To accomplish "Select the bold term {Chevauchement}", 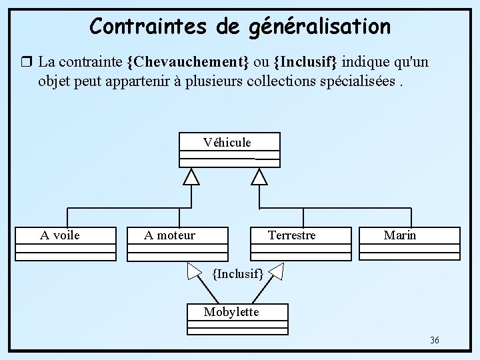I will [188, 63].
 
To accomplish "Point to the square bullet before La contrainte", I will [27, 63].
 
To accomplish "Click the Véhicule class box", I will [229, 149].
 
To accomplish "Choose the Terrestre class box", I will [300, 243].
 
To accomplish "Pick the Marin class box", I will [409, 243].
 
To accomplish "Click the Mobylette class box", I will [237, 319].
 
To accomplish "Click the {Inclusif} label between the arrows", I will [238, 273].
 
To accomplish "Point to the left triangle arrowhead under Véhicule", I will [192, 176].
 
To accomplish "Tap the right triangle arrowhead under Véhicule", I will [259, 176].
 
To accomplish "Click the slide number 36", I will [434, 341].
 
